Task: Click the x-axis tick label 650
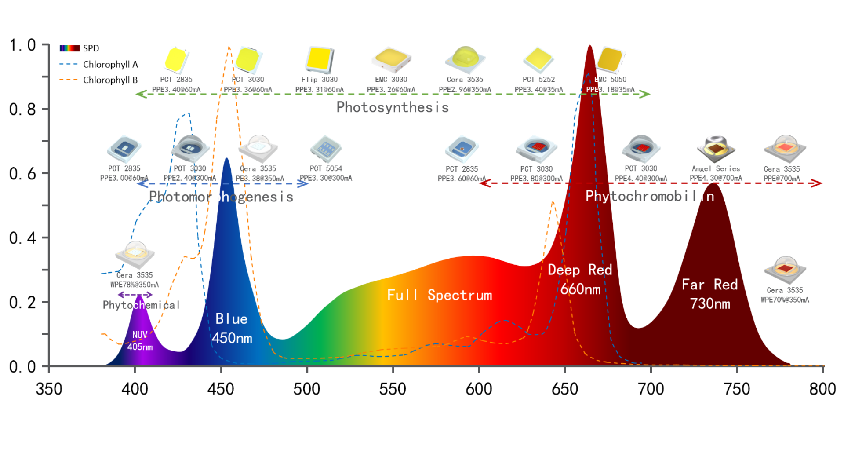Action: click(x=565, y=389)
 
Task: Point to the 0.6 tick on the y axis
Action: click(x=22, y=174)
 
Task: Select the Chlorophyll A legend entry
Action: click(x=110, y=64)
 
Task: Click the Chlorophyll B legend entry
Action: click(x=110, y=80)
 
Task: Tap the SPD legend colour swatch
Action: click(x=69, y=48)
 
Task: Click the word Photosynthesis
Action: click(x=392, y=107)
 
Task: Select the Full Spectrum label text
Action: click(x=439, y=295)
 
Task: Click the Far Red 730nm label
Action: click(x=709, y=294)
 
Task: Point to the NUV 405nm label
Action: click(x=140, y=341)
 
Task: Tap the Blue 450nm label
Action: click(x=232, y=329)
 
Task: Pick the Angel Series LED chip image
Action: click(x=716, y=149)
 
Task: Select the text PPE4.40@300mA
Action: click(x=640, y=179)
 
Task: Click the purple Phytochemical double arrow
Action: click(x=135, y=295)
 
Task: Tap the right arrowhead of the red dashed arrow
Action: click(x=816, y=183)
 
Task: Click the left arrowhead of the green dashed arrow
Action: click(x=141, y=94)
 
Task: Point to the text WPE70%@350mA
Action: click(x=785, y=300)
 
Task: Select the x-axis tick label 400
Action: click(x=135, y=389)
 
